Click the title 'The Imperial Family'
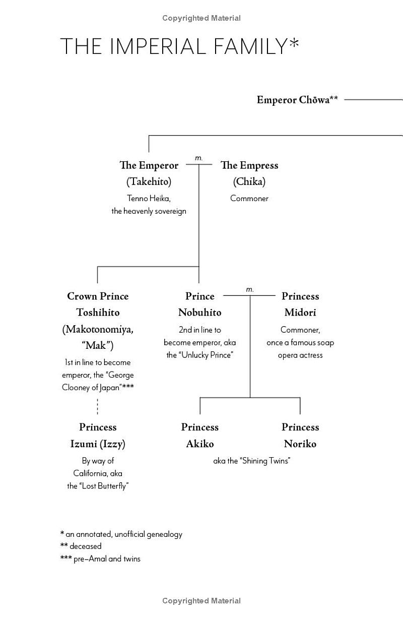click(179, 46)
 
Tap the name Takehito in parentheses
click(149, 181)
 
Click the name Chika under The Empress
click(249, 181)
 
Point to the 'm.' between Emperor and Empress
click(198, 158)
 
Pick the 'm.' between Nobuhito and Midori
click(250, 289)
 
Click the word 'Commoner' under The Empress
click(249, 198)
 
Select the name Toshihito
click(98, 313)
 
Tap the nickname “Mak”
click(98, 346)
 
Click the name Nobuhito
click(199, 313)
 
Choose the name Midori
click(300, 313)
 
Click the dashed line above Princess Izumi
click(97, 406)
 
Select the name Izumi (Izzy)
click(98, 444)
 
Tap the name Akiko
click(200, 444)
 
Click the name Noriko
click(300, 444)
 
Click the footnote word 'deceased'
click(85, 546)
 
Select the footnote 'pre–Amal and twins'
click(107, 559)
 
